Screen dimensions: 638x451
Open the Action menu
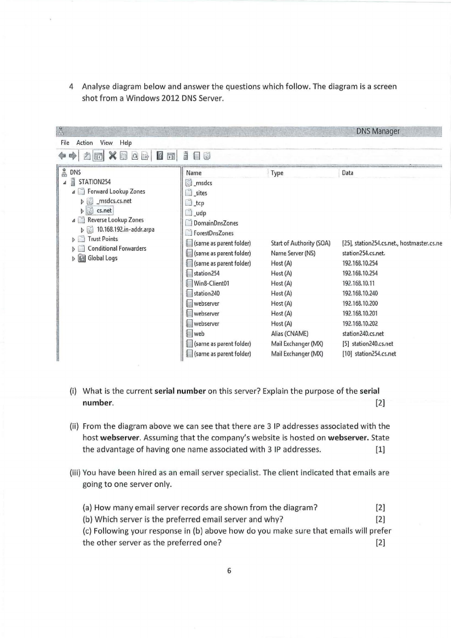85,143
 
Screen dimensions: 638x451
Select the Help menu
124,143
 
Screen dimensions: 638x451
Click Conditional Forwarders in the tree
116,248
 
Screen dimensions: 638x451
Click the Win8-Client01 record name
211,282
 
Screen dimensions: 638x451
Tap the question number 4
71,87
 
